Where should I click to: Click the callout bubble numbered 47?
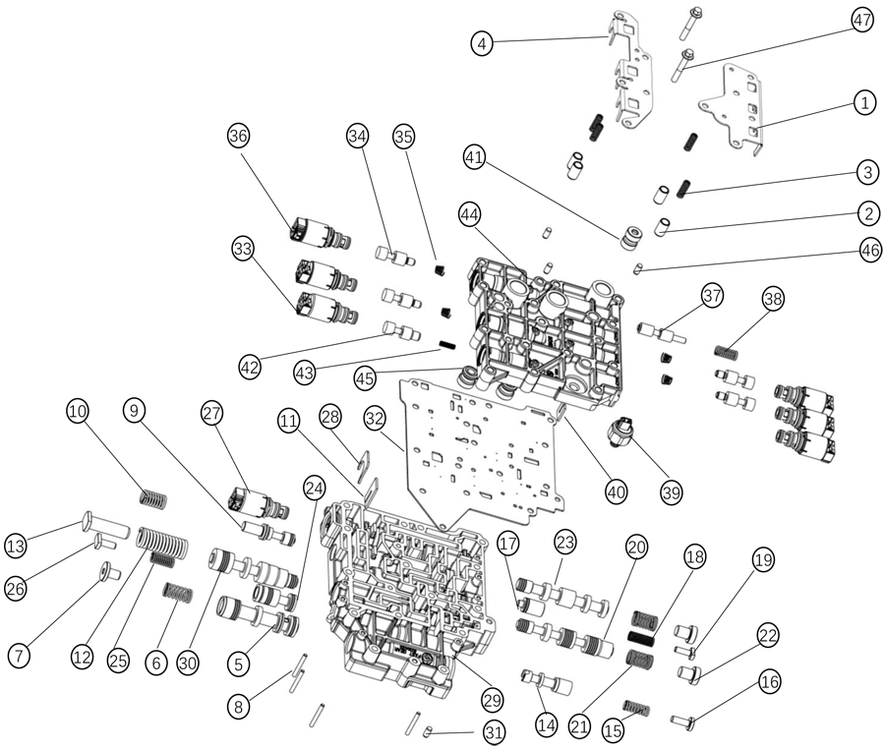[x=862, y=22]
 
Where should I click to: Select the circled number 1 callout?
[x=863, y=102]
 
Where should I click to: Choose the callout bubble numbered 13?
[x=16, y=545]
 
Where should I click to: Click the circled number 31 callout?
[x=494, y=732]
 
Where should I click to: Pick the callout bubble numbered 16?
[x=769, y=681]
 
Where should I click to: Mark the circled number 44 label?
[x=469, y=214]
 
